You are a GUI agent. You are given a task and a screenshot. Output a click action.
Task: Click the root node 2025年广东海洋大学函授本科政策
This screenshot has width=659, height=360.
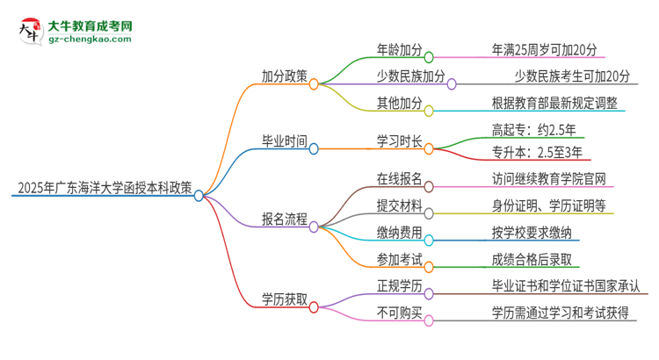(104, 187)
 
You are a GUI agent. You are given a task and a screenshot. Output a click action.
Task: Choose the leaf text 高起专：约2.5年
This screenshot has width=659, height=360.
(536, 129)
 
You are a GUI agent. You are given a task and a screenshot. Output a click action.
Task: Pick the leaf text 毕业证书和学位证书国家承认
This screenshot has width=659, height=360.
(569, 286)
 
